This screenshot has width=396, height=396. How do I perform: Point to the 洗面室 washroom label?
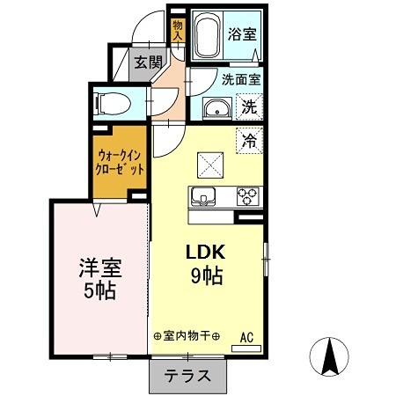pyautogui.click(x=240, y=78)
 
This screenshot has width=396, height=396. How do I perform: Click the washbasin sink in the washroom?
pyautogui.click(x=216, y=109)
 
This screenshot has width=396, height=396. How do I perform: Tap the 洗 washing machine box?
pyautogui.click(x=249, y=109)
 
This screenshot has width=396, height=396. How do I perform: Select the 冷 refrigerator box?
pyautogui.click(x=249, y=139)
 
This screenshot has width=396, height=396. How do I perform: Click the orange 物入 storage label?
pyautogui.click(x=177, y=31)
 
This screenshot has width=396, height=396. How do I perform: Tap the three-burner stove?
pyautogui.click(x=247, y=196)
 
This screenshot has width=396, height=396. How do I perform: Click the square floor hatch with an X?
pyautogui.click(x=210, y=164)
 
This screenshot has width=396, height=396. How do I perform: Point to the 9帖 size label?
pyautogui.click(x=205, y=275)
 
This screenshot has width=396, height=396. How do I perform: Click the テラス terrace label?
pyautogui.click(x=187, y=376)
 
